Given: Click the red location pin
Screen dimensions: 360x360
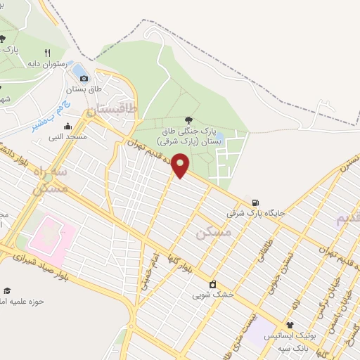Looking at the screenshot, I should [181, 166].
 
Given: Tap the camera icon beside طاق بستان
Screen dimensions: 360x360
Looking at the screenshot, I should [84, 78].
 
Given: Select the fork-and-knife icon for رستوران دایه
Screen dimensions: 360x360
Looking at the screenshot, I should [48, 52].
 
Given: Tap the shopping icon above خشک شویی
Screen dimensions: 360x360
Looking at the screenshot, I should [212, 285].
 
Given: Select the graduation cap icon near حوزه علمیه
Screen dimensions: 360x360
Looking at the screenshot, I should [7, 290].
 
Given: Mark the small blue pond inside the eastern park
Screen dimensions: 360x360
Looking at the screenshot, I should [218, 136].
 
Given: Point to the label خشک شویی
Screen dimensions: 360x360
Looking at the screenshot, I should [212, 295].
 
